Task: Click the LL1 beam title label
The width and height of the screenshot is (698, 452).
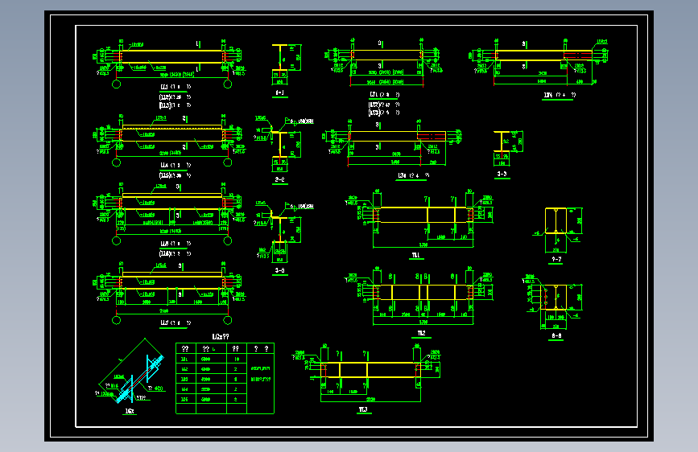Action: [x=165, y=87]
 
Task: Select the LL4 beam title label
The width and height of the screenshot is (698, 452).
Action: [x=165, y=165]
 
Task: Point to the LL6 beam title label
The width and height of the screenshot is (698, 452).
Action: [x=165, y=243]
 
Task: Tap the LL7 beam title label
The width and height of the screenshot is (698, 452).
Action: [x=165, y=323]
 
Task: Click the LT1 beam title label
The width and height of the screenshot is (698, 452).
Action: [x=374, y=94]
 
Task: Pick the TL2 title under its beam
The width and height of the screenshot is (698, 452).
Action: [x=421, y=332]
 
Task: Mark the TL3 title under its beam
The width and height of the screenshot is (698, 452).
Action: [x=364, y=409]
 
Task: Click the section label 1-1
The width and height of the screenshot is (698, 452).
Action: [x=280, y=93]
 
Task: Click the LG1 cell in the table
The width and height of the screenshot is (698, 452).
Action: [x=184, y=360]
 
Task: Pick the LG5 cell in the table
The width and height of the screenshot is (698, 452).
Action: [x=184, y=399]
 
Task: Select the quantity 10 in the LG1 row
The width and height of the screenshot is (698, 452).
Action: [x=236, y=360]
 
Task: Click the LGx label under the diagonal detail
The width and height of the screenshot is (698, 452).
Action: [x=129, y=409]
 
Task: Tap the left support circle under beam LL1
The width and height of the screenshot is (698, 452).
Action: [x=117, y=84]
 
